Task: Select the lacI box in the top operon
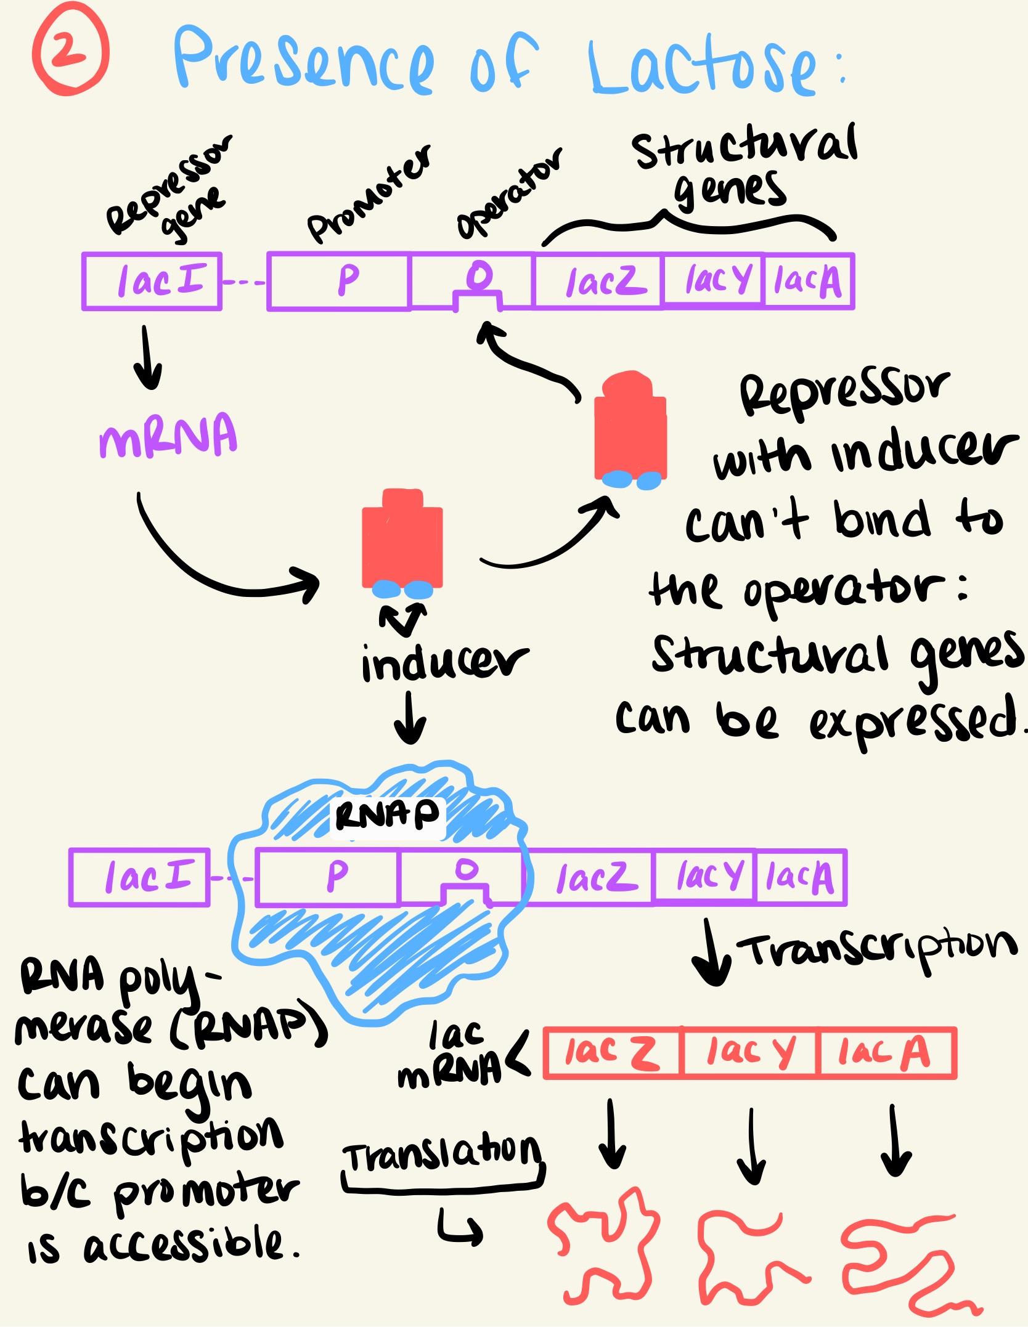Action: (152, 281)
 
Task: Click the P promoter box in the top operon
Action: (340, 281)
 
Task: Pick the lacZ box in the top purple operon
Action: (598, 282)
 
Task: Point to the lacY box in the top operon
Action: (713, 281)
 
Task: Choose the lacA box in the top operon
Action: (808, 282)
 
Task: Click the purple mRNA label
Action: (168, 436)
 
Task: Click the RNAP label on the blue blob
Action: (387, 815)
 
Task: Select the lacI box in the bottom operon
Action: (141, 877)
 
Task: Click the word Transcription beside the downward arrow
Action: (878, 952)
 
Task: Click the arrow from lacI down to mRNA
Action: (148, 358)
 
